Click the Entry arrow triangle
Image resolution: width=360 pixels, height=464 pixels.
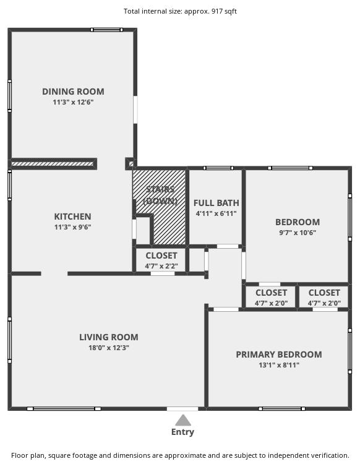click(x=183, y=420)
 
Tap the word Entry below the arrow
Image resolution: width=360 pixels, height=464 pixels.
click(x=182, y=432)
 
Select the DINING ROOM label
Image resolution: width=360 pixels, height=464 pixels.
click(x=73, y=92)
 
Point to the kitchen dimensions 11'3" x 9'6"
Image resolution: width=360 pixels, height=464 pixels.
click(x=73, y=227)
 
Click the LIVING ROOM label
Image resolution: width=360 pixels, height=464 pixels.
click(x=109, y=337)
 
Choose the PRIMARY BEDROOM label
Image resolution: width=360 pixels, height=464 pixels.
click(x=279, y=354)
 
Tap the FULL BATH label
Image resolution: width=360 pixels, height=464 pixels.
click(x=216, y=203)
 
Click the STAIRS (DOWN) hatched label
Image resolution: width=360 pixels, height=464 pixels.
click(x=160, y=195)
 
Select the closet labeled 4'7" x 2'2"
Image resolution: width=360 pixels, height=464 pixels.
click(x=161, y=260)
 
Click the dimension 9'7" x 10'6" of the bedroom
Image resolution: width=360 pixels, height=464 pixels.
click(x=298, y=233)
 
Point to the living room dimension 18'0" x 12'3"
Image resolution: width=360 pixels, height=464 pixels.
click(x=109, y=348)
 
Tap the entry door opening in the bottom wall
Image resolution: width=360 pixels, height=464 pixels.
click(x=182, y=409)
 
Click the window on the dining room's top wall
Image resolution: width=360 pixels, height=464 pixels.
click(x=106, y=30)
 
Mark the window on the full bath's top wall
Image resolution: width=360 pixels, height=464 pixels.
click(x=218, y=168)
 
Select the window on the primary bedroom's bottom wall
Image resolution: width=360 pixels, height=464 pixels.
click(x=282, y=409)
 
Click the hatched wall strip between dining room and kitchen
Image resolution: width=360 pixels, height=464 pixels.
click(x=53, y=164)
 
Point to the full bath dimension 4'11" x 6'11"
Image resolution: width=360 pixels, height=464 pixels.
click(x=216, y=213)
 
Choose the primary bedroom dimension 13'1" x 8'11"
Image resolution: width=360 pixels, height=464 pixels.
click(x=279, y=365)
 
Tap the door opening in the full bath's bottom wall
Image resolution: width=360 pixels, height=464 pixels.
click(x=228, y=246)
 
